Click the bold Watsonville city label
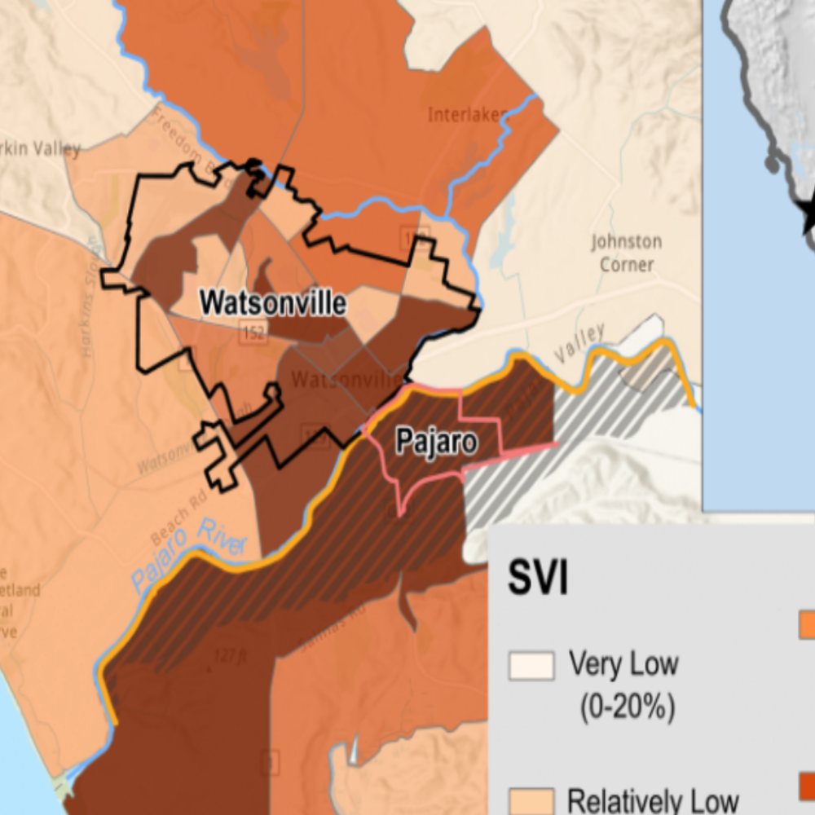pos(273,303)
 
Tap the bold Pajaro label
pos(435,441)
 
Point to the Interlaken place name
pos(468,115)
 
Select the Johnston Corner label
pos(627,253)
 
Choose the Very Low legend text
pos(623,663)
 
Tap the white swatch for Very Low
pos(531,665)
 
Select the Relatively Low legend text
pos(652,800)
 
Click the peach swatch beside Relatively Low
pos(531,800)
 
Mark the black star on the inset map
pos(809,216)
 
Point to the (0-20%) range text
pos(627,707)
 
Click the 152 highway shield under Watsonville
pos(253,332)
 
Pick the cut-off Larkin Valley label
pos(41,148)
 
